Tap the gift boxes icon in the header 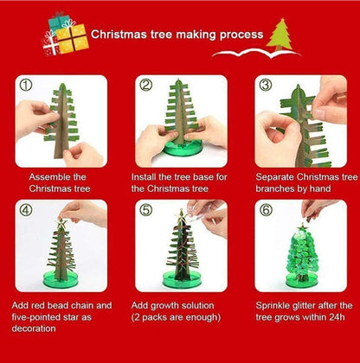click(x=65, y=35)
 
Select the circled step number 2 click(x=145, y=85)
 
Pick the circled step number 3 click(x=266, y=85)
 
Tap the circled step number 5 click(x=145, y=209)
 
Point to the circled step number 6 click(x=266, y=209)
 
